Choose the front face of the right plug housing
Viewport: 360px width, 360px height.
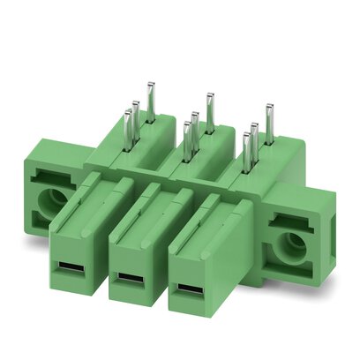pos(190,269)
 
